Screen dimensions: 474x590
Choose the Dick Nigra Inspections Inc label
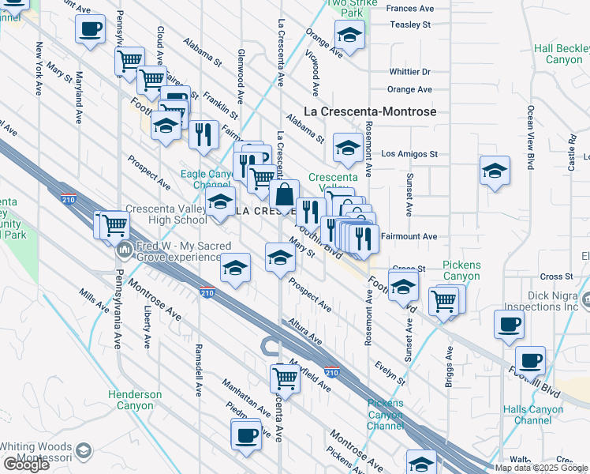(552, 301)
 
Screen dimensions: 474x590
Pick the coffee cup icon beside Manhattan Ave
(246, 434)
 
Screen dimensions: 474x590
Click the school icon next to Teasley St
(349, 34)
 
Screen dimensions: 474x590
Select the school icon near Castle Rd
(494, 170)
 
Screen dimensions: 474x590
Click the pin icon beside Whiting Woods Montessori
(83, 451)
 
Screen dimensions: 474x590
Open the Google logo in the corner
(25, 465)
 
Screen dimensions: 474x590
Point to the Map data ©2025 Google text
(540, 468)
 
